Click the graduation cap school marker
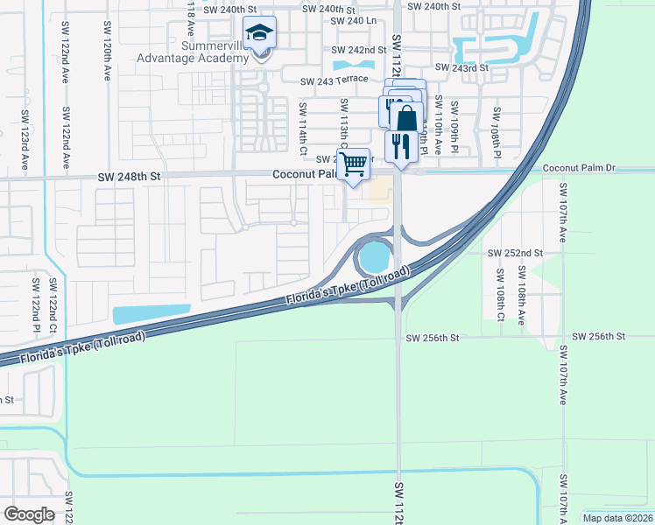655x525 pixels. pyautogui.click(x=259, y=34)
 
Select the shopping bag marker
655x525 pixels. pyautogui.click(x=406, y=117)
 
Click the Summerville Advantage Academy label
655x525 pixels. pyautogui.click(x=193, y=52)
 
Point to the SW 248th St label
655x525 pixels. pyautogui.click(x=131, y=177)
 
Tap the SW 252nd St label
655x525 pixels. pyautogui.click(x=515, y=253)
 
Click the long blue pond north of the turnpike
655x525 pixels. pyautogui.click(x=151, y=313)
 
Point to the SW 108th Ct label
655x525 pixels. pyautogui.click(x=499, y=302)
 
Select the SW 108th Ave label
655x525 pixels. pyautogui.click(x=520, y=303)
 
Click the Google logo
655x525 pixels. pyautogui.click(x=29, y=514)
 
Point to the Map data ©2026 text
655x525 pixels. pyautogui.click(x=617, y=518)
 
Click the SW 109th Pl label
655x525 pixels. pyautogui.click(x=454, y=127)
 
